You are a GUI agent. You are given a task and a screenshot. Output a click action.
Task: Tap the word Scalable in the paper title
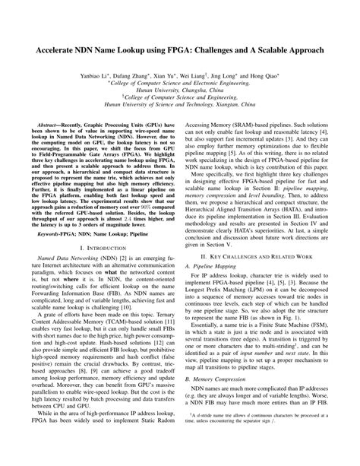point(269,47)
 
